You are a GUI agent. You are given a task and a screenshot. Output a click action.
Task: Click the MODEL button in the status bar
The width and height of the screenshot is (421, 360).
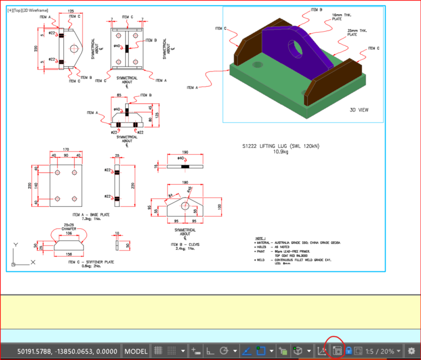pyautogui.click(x=136, y=351)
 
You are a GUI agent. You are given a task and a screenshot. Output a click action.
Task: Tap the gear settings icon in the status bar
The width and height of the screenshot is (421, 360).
pyautogui.click(x=412, y=351)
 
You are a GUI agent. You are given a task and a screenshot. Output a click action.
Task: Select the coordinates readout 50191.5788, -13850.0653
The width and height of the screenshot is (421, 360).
pyautogui.click(x=67, y=351)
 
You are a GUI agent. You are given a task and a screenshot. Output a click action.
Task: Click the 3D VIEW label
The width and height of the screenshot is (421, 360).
pyautogui.click(x=360, y=110)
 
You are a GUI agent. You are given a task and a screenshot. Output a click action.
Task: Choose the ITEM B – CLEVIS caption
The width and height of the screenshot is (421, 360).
pyautogui.click(x=185, y=245)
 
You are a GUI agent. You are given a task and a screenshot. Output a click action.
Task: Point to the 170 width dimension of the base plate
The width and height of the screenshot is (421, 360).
pyautogui.click(x=65, y=150)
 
